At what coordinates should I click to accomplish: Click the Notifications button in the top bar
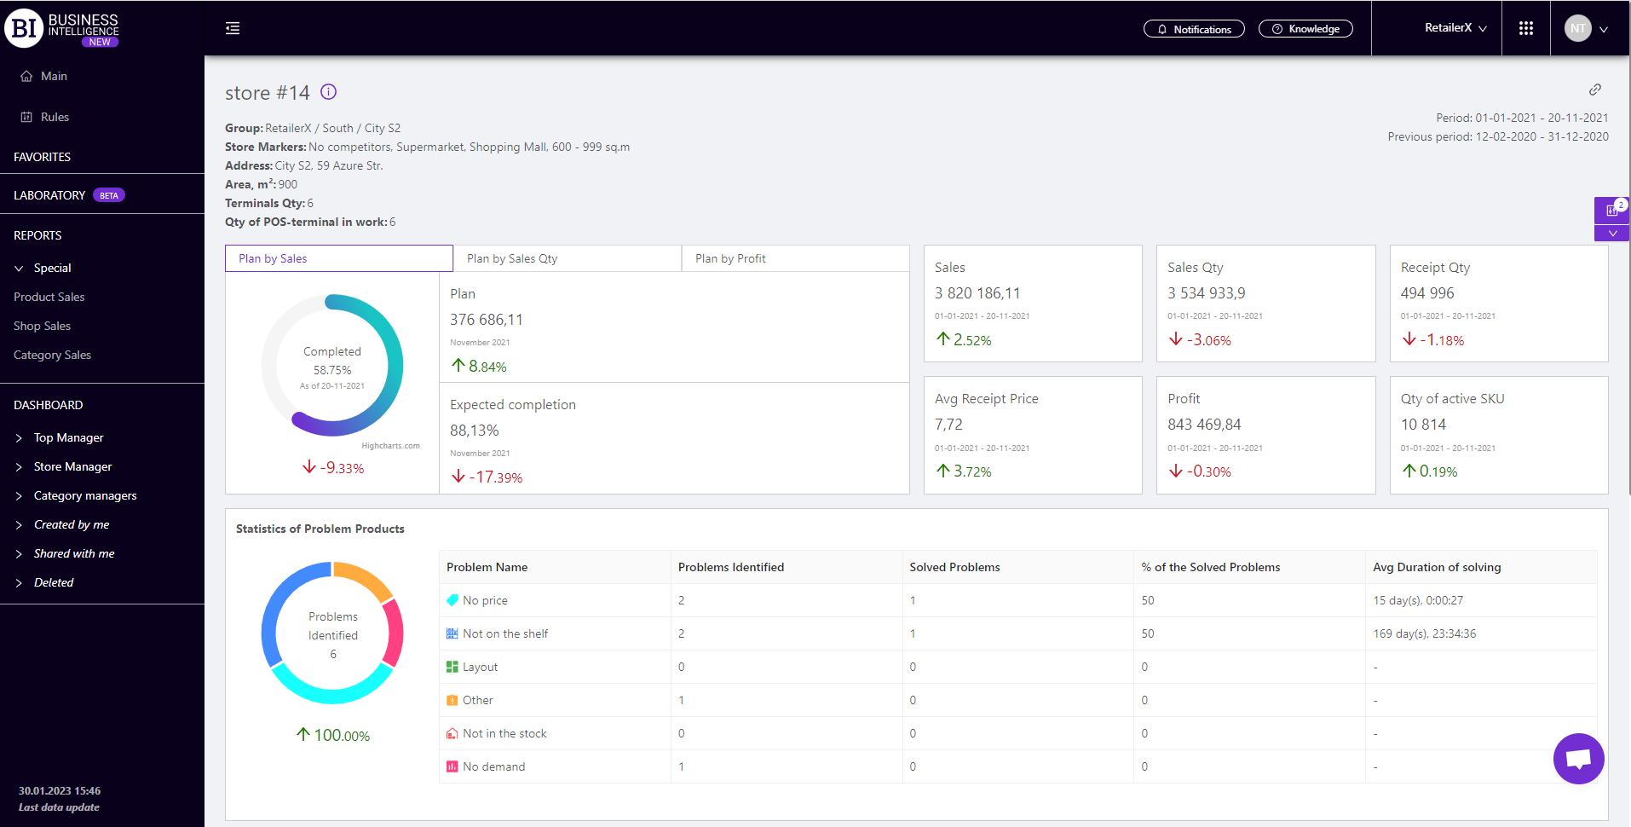(1193, 29)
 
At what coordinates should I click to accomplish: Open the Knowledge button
(1305, 29)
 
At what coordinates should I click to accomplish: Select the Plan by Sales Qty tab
(567, 258)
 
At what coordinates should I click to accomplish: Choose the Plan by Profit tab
(795, 258)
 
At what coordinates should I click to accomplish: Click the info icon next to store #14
(328, 92)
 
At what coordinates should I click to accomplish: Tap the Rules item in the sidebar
(55, 117)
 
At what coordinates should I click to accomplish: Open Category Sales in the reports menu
(52, 355)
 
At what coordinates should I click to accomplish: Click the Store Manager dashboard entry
(72, 466)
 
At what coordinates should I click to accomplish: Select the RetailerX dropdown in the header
(1455, 28)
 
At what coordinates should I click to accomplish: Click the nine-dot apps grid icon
(1525, 28)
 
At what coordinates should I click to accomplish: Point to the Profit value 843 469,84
(1204, 425)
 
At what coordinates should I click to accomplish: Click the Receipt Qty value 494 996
(1427, 293)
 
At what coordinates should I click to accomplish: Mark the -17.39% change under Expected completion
(487, 477)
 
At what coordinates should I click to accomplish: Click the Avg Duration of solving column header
(1437, 567)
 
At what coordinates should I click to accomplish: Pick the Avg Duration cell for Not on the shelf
(1424, 633)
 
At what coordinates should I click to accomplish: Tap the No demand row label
(493, 766)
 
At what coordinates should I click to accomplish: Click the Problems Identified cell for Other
(682, 700)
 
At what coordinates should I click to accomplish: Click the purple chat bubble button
(1578, 758)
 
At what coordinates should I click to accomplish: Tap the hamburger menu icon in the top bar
(233, 28)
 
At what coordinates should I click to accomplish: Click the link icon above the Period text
(1595, 90)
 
